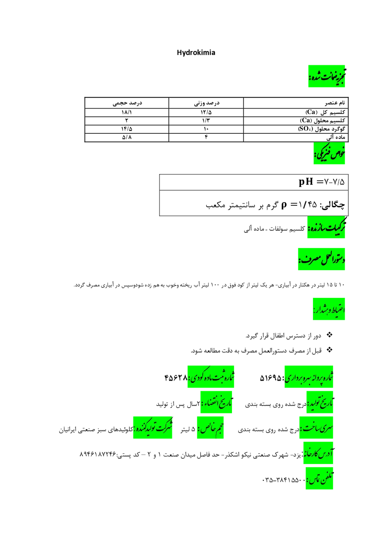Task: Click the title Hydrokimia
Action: point(196,53)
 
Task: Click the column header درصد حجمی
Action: point(127,103)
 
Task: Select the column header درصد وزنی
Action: point(207,103)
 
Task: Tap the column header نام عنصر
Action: point(335,103)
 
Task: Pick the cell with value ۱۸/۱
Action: point(126,112)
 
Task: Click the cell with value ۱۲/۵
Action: point(206,112)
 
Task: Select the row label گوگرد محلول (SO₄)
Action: point(321,129)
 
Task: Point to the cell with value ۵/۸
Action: point(127,137)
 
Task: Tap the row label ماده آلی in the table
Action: point(335,137)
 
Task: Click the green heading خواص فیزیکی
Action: point(329,153)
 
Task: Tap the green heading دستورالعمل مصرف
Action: point(321,259)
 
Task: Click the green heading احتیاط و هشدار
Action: point(329,309)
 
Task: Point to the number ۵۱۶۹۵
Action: point(270,378)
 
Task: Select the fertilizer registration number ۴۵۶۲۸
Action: point(176,378)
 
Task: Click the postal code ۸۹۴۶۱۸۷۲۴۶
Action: point(98,454)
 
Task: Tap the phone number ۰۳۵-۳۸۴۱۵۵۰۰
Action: point(284,480)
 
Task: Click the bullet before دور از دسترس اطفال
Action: point(329,335)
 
